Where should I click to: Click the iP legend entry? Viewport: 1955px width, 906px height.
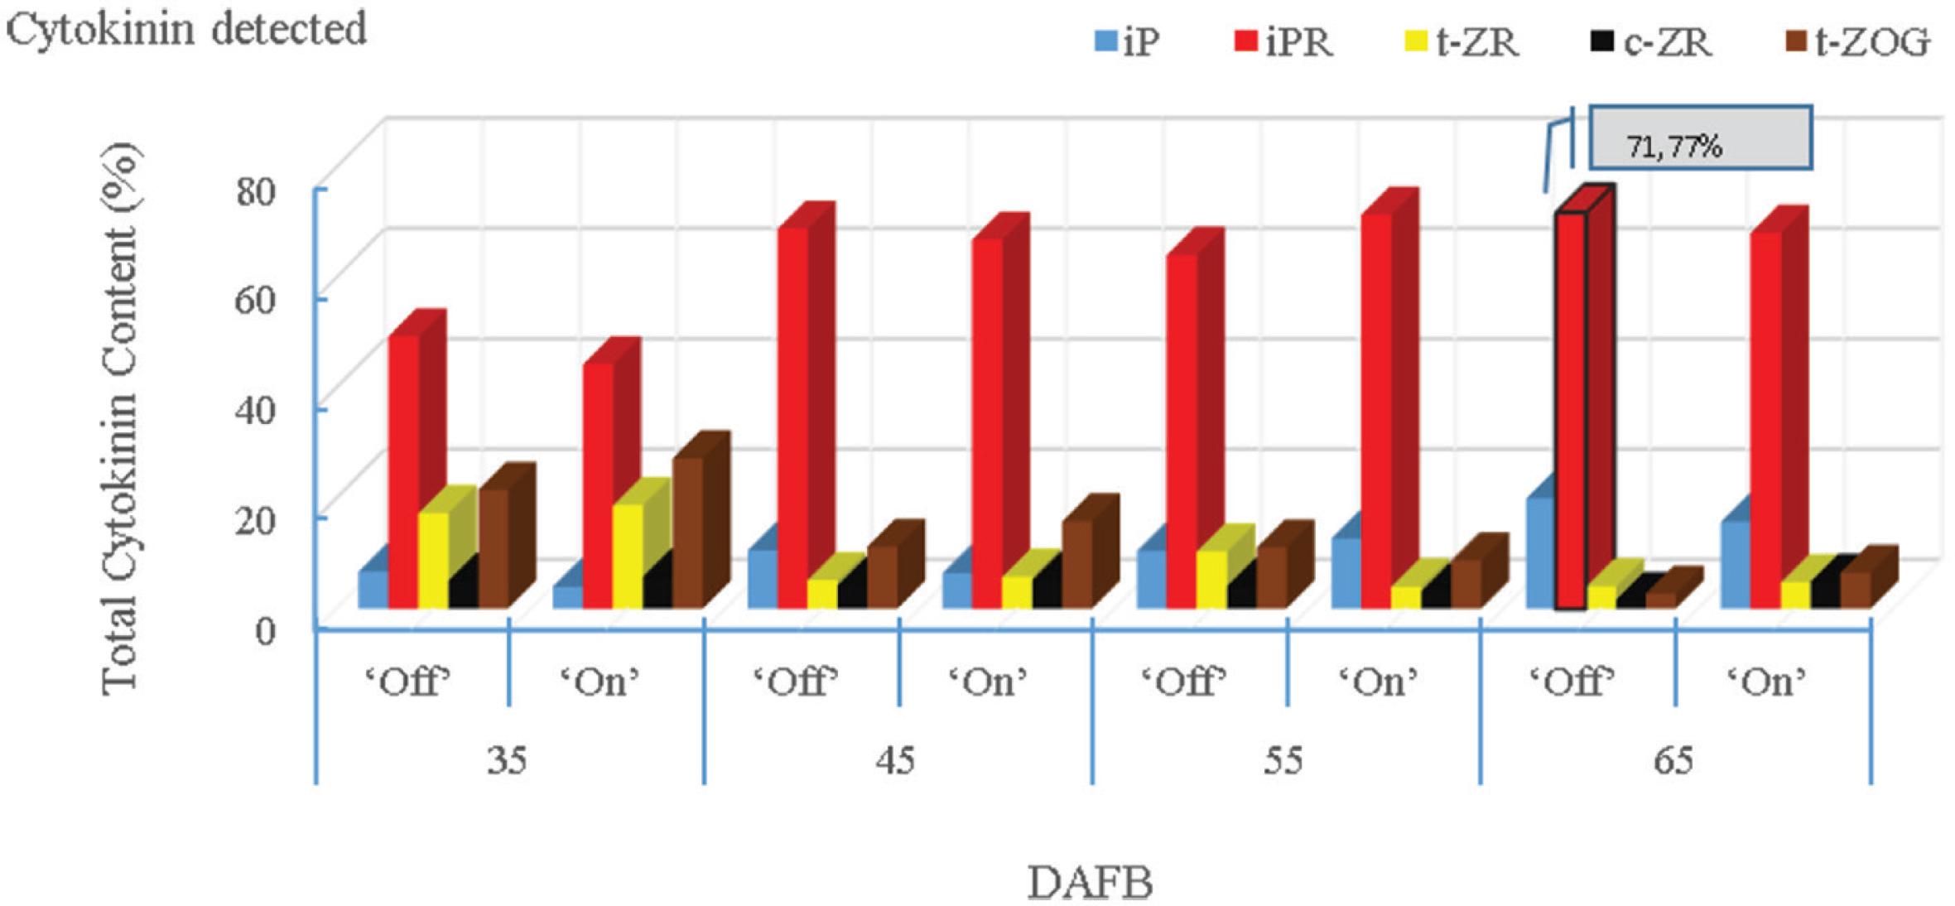click(x=1127, y=41)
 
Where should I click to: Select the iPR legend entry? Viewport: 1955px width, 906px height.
click(x=1284, y=41)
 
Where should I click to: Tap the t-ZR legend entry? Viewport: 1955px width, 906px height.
click(x=1461, y=41)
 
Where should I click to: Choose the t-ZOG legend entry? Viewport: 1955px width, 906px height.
click(x=1857, y=41)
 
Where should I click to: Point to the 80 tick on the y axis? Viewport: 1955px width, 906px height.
click(x=255, y=192)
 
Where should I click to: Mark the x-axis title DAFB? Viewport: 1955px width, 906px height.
click(x=1090, y=883)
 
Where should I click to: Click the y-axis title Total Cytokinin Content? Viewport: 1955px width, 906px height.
click(x=120, y=418)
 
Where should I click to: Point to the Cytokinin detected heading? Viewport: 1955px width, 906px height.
click(x=186, y=30)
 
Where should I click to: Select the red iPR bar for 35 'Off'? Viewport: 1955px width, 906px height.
click(x=404, y=472)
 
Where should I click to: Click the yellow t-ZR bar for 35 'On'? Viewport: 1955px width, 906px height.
click(x=627, y=555)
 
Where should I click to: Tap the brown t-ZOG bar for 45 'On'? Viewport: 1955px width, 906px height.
click(x=1076, y=563)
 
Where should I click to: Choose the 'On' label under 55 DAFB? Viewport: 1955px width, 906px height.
click(x=1378, y=682)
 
